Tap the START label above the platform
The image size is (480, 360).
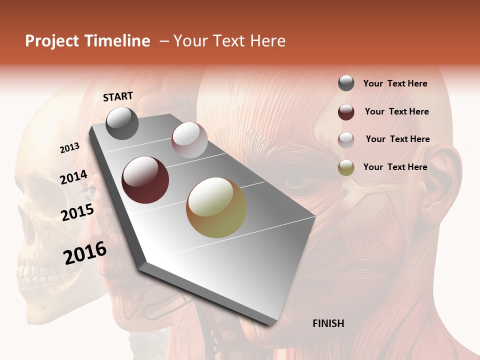coord(118,96)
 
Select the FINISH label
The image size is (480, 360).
coord(328,323)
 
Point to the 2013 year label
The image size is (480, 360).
coord(70,148)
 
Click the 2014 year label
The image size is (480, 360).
coord(73,177)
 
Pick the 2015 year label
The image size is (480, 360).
coord(77,212)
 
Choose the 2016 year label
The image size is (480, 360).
coord(85,253)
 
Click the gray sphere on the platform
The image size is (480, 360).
coord(122,123)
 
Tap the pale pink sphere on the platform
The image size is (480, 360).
coord(189,140)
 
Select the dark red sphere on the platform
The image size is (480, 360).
coord(145,180)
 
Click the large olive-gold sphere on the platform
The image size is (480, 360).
coord(216,208)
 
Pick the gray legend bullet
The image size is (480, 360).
coord(346,83)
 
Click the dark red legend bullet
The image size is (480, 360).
coord(346,111)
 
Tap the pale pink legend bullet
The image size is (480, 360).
coord(346,139)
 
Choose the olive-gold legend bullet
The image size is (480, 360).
coord(346,167)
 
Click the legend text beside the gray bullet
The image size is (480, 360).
coord(395,84)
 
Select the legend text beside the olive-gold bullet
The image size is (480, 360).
coord(395,167)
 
